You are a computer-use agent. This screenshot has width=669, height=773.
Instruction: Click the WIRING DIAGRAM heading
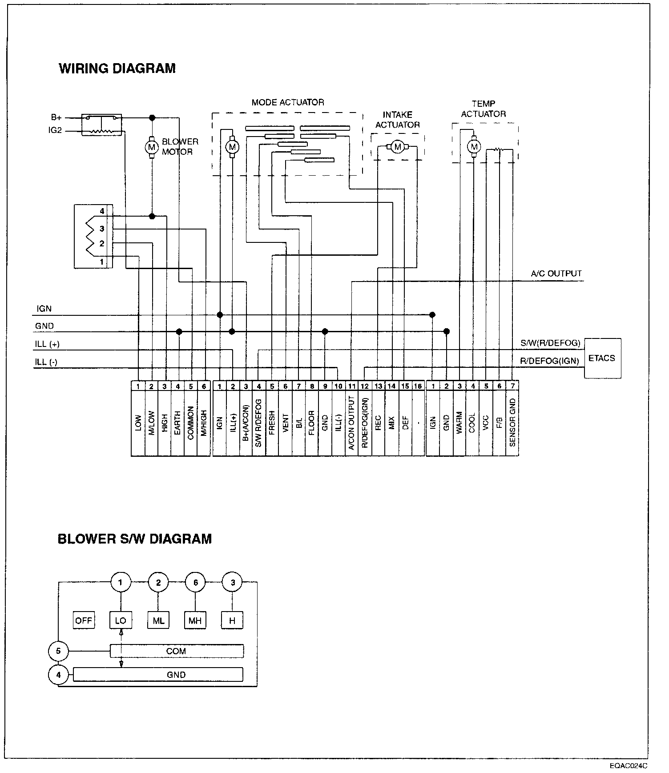coord(117,68)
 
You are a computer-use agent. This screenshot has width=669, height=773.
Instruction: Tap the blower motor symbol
coord(152,146)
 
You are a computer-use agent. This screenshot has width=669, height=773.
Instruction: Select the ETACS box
coord(602,358)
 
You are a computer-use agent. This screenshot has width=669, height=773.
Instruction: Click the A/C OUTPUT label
coord(556,274)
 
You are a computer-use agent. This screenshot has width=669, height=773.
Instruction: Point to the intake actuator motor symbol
coord(398,147)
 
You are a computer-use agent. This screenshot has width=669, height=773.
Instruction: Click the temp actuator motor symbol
coord(474,146)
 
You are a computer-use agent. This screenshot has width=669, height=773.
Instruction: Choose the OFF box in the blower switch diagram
coord(83,620)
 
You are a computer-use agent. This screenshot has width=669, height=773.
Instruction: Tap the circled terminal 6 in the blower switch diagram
coord(196,582)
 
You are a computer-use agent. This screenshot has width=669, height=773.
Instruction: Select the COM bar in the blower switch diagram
coord(176,651)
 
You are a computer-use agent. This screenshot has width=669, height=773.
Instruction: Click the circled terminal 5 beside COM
coord(59,652)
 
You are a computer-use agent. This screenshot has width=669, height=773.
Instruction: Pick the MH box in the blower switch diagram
coord(195,620)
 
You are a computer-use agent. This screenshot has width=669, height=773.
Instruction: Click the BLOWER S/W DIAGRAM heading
coord(135,539)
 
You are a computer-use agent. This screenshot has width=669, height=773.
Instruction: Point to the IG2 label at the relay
coord(55,131)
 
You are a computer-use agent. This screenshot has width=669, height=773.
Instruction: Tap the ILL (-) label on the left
coord(46,362)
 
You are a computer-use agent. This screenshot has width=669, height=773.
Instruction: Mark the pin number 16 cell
coord(418,386)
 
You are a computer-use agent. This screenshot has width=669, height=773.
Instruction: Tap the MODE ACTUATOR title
coord(288,102)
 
